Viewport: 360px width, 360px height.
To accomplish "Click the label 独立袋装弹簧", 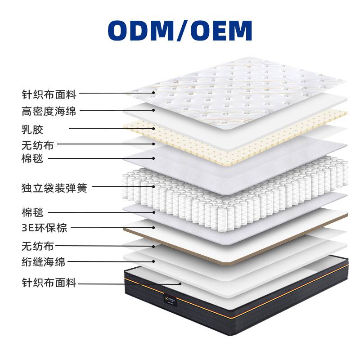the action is [54, 188].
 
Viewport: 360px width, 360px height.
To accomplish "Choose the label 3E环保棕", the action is [44, 228].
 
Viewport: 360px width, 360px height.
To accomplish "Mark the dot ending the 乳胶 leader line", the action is [154, 129].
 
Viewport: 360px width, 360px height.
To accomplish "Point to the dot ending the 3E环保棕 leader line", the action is [154, 228].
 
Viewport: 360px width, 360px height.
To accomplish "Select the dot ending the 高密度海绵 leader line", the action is [154, 110].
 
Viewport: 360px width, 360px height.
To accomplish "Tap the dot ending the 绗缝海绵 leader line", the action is [154, 261].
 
